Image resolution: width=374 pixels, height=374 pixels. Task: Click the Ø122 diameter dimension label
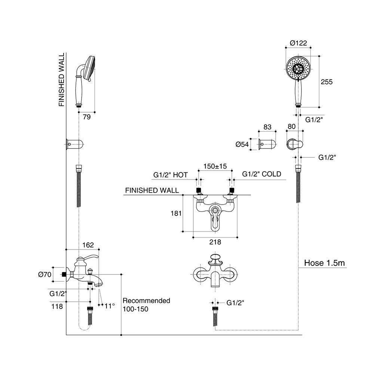(298, 43)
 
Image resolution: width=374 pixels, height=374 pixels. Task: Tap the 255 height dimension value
(326, 82)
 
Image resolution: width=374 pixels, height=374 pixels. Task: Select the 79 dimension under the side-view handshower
(87, 117)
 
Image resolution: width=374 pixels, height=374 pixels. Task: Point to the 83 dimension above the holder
(267, 127)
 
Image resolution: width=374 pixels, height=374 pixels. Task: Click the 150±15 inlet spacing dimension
(215, 166)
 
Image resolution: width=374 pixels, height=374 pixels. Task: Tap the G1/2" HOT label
(171, 175)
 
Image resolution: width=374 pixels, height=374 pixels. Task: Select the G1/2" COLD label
(261, 174)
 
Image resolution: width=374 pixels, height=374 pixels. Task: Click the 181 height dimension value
(176, 214)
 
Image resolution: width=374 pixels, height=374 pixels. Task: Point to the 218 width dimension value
(215, 242)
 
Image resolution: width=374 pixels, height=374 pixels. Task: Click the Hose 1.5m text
(324, 263)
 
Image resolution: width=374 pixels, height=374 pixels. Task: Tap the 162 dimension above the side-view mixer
(88, 245)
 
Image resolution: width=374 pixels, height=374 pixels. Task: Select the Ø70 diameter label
(45, 275)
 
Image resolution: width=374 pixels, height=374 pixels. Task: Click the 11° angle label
(109, 306)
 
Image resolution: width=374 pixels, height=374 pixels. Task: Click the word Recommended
(146, 301)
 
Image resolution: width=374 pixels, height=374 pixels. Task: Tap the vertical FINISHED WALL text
(62, 80)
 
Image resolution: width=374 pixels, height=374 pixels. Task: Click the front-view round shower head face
(298, 68)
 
